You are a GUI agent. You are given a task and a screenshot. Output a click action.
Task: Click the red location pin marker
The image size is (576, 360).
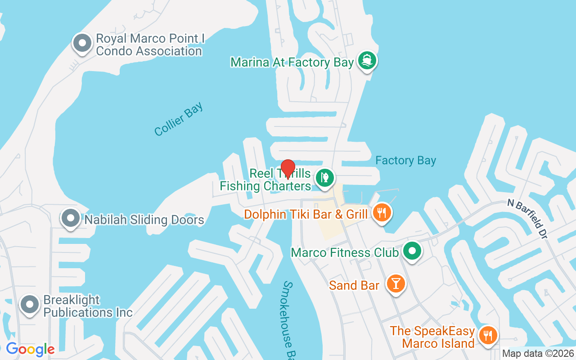click(x=288, y=168)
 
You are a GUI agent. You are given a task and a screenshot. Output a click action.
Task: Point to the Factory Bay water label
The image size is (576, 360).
click(x=405, y=161)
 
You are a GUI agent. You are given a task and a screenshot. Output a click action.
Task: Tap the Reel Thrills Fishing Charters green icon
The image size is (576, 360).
click(x=324, y=177)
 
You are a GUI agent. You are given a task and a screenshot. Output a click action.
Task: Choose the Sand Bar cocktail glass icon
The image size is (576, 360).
click(x=396, y=284)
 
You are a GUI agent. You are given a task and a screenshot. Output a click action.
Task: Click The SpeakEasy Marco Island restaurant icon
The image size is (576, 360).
click(x=487, y=335)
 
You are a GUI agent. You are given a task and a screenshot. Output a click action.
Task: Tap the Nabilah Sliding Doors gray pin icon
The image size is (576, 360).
click(x=71, y=219)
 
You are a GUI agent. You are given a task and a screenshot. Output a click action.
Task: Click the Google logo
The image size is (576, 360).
click(x=30, y=349)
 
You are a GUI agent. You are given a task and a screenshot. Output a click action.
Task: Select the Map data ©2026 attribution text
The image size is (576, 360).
click(x=538, y=353)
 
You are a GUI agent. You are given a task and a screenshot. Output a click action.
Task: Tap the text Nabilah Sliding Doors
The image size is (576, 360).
click(x=144, y=220)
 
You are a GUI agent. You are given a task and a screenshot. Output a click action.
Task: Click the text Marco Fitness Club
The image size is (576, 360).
click(x=345, y=252)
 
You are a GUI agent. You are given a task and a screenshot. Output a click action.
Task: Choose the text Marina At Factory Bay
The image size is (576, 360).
click(x=292, y=62)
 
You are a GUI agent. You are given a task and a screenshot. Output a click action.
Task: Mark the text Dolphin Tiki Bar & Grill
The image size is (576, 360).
click(x=306, y=214)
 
